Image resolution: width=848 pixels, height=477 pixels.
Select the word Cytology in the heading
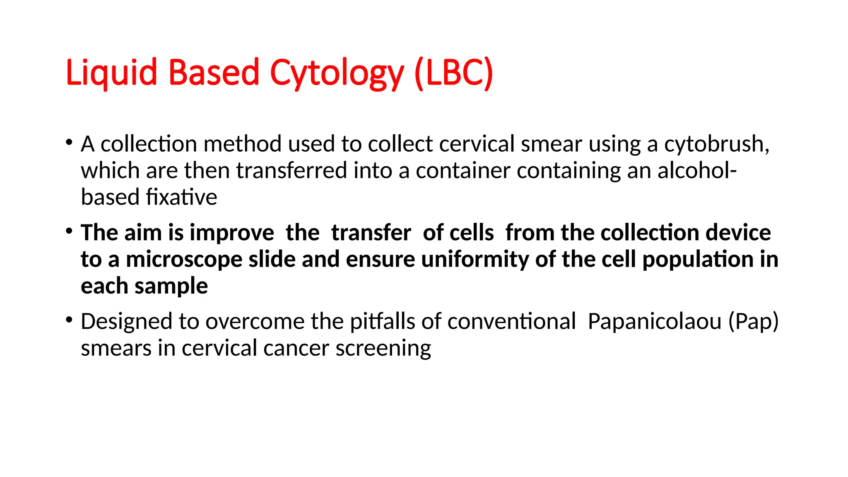click(337, 73)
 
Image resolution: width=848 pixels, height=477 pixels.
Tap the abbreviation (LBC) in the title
click(453, 73)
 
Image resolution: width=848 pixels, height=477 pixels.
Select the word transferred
click(291, 171)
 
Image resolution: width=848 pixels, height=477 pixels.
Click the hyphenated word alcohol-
click(697, 171)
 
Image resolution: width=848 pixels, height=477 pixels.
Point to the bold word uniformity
click(475, 260)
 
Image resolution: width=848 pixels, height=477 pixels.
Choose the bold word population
click(698, 260)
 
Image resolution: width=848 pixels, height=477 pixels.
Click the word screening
click(383, 348)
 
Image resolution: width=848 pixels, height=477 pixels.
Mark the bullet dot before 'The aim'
click(69, 231)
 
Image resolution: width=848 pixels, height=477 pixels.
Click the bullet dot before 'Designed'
click(69, 320)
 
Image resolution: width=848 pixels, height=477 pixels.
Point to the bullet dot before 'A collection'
click(69, 143)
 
